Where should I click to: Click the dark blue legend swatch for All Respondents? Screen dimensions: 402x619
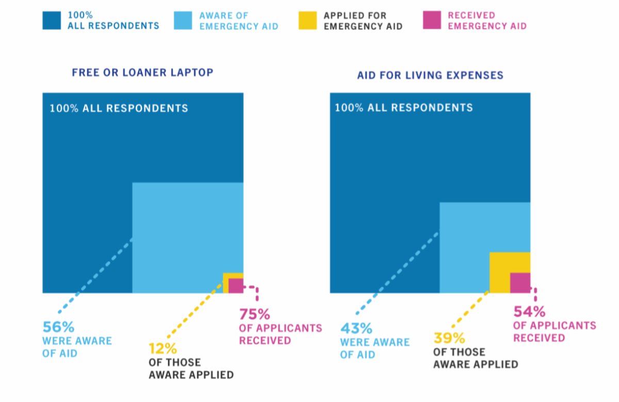[52, 21]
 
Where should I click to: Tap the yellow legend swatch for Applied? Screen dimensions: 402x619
[307, 21]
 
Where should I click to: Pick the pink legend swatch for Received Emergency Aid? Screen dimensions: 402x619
[432, 21]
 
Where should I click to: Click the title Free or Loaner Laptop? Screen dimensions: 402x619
[142, 73]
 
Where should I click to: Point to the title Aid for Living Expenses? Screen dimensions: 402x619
[430, 75]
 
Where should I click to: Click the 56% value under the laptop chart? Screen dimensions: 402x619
[58, 327]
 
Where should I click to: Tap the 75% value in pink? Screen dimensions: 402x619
[254, 314]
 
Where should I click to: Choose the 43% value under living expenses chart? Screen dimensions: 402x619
[356, 328]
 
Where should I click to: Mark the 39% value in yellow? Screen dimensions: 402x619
[449, 338]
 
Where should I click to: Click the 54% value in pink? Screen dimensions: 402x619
[529, 312]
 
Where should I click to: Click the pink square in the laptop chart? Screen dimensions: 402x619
[236, 286]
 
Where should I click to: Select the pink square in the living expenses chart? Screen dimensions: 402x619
[520, 283]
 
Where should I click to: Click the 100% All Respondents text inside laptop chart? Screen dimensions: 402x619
[119, 109]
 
